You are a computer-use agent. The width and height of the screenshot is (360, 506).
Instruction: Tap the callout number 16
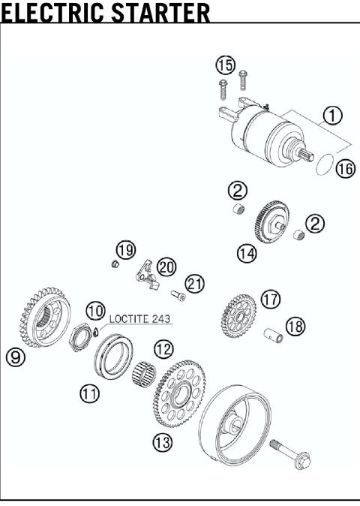tap(344, 169)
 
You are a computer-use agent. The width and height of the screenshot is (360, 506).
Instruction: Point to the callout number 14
tap(246, 254)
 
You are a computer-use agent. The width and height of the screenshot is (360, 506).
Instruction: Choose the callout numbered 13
tap(163, 442)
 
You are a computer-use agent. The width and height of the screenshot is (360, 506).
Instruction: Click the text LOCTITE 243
tap(140, 318)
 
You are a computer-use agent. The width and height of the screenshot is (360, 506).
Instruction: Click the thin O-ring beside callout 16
tap(325, 164)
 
